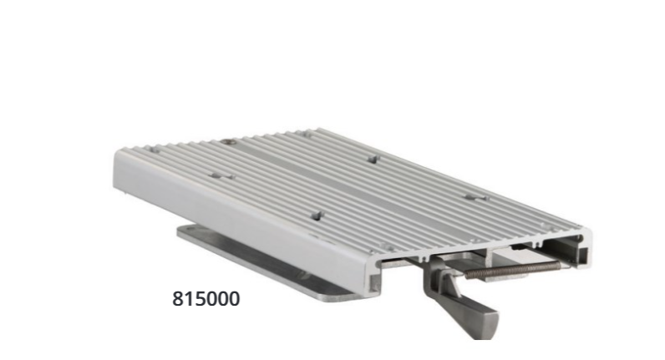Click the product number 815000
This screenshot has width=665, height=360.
tap(205, 299)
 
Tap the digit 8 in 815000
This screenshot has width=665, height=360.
tap(176, 299)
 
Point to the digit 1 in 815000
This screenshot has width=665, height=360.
tap(188, 299)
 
